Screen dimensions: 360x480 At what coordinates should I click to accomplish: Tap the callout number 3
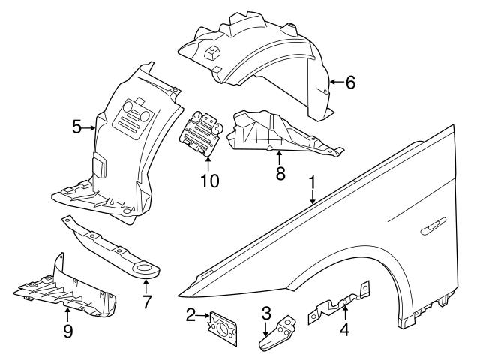[266, 312]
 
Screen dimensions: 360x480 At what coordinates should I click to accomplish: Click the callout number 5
[77, 128]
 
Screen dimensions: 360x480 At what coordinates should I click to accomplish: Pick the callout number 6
[350, 82]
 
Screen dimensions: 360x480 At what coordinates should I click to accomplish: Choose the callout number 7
[147, 303]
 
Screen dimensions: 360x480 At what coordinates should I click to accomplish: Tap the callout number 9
[67, 330]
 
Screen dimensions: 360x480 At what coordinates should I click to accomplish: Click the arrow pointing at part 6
[334, 82]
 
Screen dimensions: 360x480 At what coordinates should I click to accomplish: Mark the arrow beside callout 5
[91, 128]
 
